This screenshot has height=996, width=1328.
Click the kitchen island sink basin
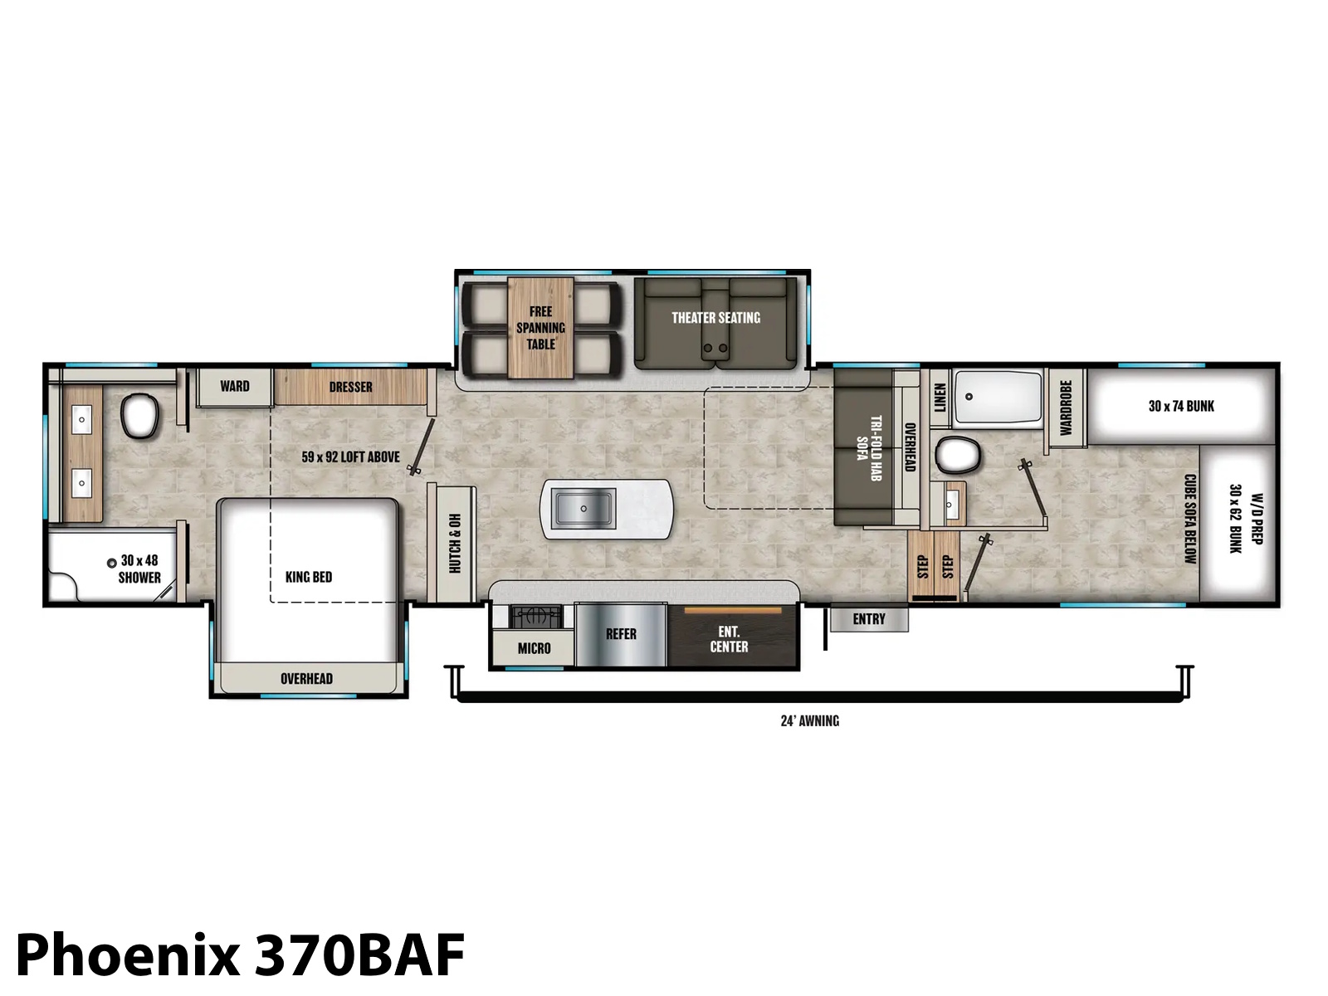(x=583, y=509)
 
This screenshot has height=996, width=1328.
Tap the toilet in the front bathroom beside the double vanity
(x=140, y=415)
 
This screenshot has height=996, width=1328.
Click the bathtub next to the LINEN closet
(x=998, y=398)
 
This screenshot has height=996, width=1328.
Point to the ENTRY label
(x=869, y=618)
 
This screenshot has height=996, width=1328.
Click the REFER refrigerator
(x=621, y=634)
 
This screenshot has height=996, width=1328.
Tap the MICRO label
(x=535, y=648)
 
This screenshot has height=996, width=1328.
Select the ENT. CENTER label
(x=729, y=639)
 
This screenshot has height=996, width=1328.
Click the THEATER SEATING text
(x=715, y=318)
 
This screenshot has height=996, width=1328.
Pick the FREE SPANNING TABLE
(x=540, y=328)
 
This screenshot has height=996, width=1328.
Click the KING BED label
(x=309, y=577)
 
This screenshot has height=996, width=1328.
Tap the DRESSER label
(x=351, y=387)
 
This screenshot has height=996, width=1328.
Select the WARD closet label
(x=235, y=386)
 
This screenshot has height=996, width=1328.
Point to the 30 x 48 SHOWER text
(x=139, y=569)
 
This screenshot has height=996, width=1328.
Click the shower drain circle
(x=111, y=563)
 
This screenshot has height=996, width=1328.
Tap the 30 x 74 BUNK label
(x=1182, y=407)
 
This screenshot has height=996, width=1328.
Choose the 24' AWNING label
(x=809, y=720)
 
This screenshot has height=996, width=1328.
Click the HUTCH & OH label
(x=454, y=544)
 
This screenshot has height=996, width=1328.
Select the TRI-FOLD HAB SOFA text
(x=868, y=448)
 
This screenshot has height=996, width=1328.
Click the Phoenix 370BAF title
(x=240, y=954)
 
